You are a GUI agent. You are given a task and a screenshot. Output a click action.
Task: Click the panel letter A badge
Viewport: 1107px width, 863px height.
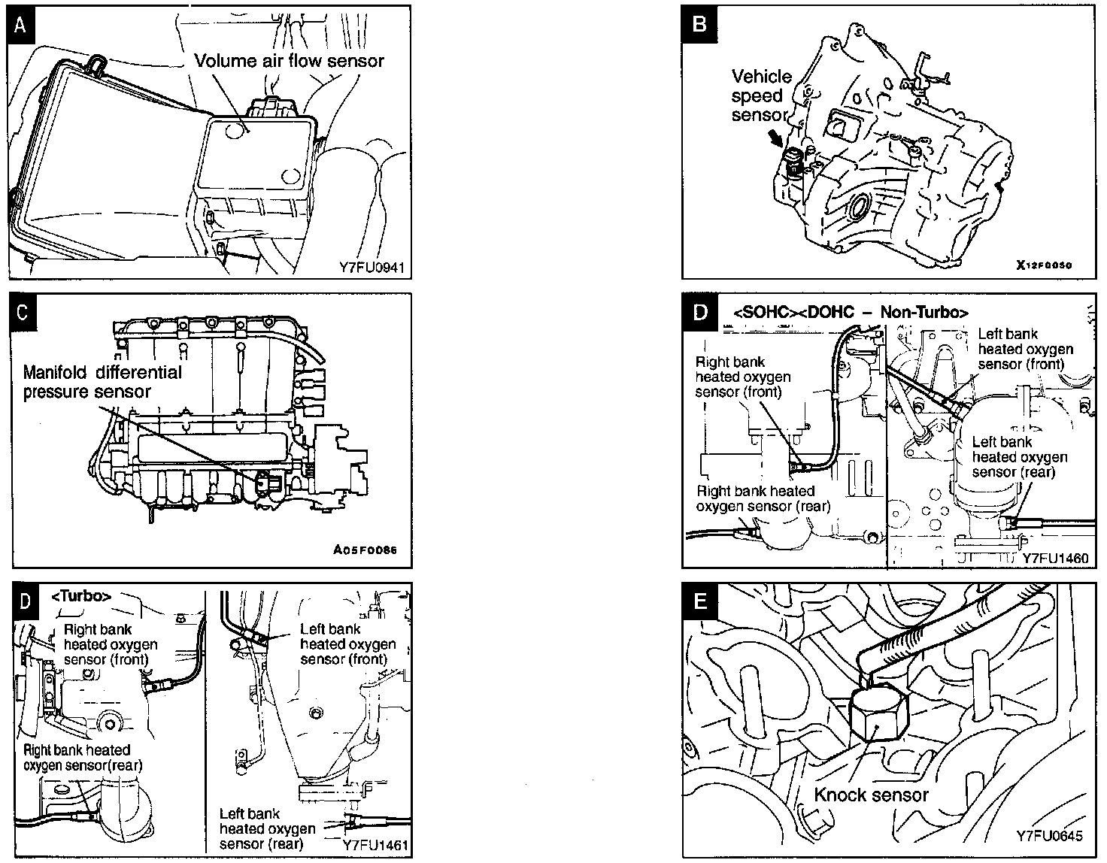[22, 25]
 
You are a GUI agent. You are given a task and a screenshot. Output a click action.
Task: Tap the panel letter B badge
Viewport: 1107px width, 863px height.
[699, 25]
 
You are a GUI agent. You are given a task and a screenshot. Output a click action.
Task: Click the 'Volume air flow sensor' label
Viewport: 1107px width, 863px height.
[290, 61]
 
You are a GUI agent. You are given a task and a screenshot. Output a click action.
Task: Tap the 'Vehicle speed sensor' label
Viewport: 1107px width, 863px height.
[761, 95]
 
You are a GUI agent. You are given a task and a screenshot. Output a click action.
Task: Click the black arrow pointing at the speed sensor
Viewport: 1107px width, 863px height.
[775, 139]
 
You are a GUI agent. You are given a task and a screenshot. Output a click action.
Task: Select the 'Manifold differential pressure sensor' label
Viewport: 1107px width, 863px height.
[102, 382]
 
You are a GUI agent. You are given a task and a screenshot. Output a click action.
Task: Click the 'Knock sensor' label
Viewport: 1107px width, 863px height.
[871, 795]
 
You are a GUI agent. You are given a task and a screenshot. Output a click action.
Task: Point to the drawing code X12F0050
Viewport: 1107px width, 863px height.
[1043, 265]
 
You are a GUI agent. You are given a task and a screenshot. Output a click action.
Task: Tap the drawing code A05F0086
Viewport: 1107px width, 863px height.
[365, 550]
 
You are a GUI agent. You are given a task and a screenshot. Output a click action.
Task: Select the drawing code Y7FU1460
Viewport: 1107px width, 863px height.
[1055, 559]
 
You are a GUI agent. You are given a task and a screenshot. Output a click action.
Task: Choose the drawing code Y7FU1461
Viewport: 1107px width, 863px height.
[377, 845]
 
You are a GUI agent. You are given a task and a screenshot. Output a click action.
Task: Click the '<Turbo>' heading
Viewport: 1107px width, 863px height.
[81, 596]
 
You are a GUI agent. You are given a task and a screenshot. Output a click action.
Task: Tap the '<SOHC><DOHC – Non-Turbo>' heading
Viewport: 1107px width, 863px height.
[850, 312]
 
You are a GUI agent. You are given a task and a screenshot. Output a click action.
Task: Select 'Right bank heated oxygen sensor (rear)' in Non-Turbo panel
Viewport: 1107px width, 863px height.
[763, 498]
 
